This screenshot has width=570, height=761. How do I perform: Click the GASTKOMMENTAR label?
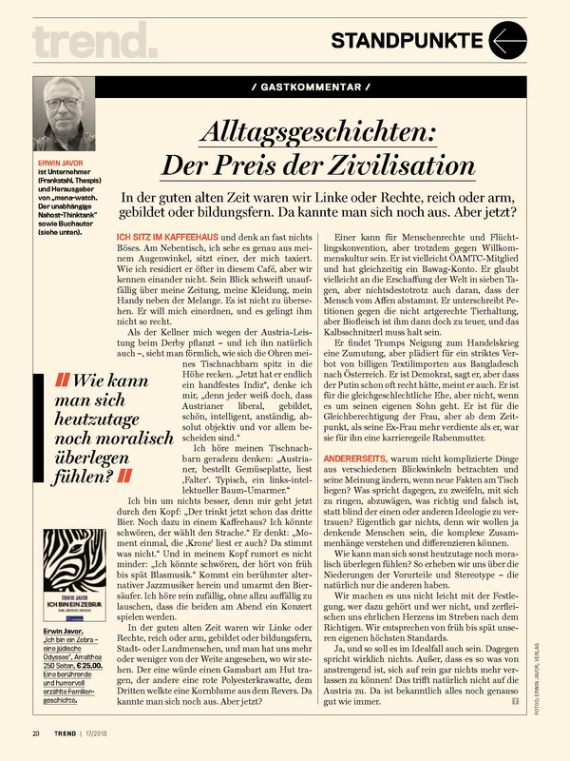(x=313, y=87)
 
